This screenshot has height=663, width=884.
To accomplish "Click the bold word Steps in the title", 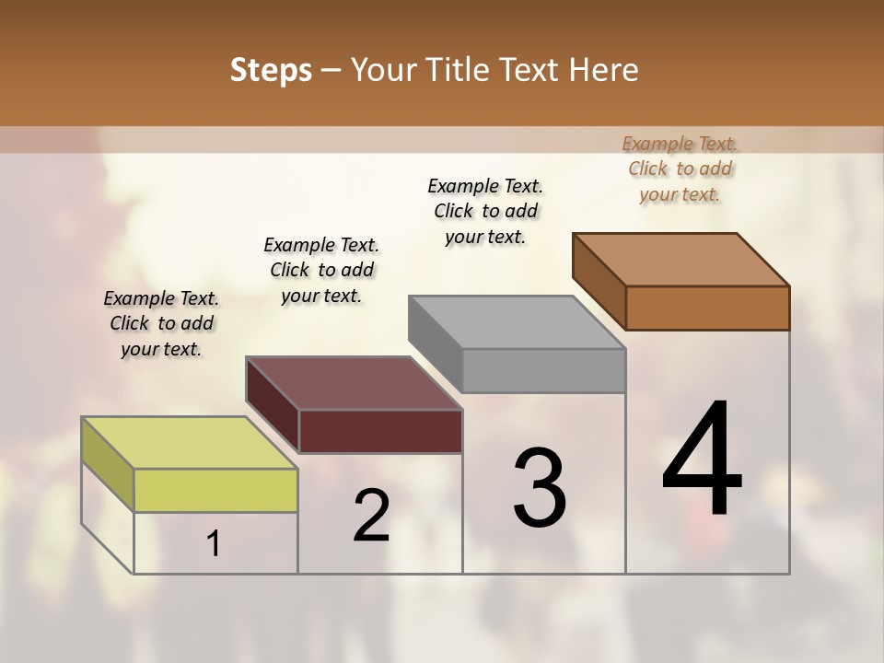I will click(271, 70).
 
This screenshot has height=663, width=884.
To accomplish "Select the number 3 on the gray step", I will click(540, 489).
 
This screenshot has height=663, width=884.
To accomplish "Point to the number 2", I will click(371, 516).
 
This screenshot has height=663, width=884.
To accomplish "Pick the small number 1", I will click(214, 544).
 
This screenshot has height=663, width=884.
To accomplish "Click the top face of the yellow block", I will click(190, 443).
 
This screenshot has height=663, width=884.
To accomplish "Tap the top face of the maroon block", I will click(355, 382).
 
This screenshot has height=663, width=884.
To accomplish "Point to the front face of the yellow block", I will click(215, 490).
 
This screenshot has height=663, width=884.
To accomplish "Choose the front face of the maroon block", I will click(380, 431).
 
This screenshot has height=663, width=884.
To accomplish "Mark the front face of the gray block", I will click(543, 370).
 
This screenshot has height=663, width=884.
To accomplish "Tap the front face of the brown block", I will click(707, 308).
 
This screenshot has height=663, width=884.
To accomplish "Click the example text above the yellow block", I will click(161, 323).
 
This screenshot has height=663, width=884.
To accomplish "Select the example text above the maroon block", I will click(321, 270).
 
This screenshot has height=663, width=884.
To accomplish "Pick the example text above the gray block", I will click(485, 211).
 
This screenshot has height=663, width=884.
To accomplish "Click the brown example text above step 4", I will click(680, 169).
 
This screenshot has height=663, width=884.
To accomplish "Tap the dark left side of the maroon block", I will click(273, 404).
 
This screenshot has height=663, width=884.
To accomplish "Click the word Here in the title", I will click(604, 70).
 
